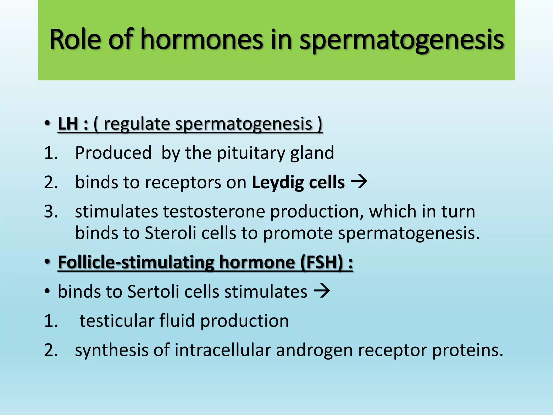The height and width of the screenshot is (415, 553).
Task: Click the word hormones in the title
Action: click(202, 40)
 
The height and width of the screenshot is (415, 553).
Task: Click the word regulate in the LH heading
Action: click(137, 124)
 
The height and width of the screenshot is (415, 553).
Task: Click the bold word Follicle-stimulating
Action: click(136, 262)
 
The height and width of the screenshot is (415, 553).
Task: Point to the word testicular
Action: click(117, 321)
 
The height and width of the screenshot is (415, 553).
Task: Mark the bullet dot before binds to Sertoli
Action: click(48, 292)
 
